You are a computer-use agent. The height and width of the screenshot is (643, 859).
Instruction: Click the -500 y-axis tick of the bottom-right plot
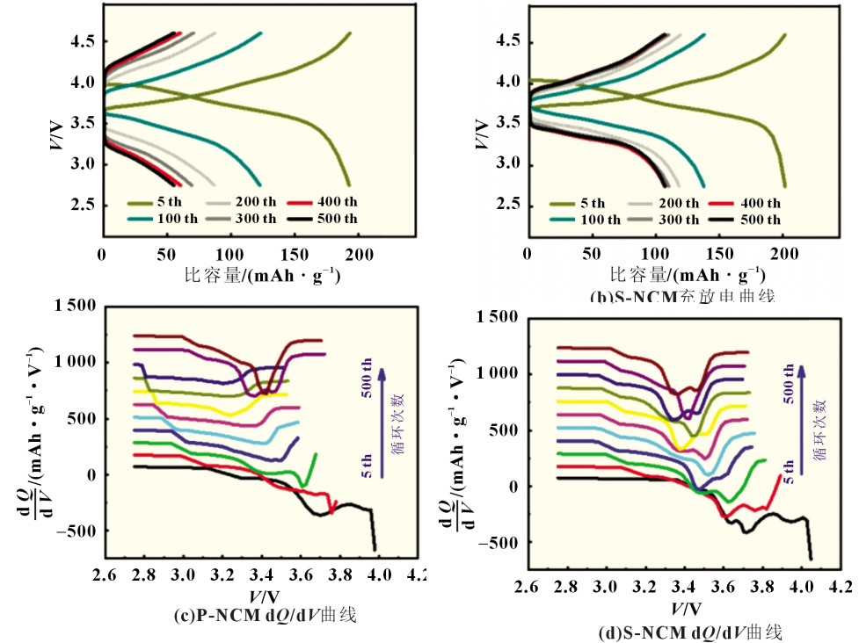click(x=499, y=543)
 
